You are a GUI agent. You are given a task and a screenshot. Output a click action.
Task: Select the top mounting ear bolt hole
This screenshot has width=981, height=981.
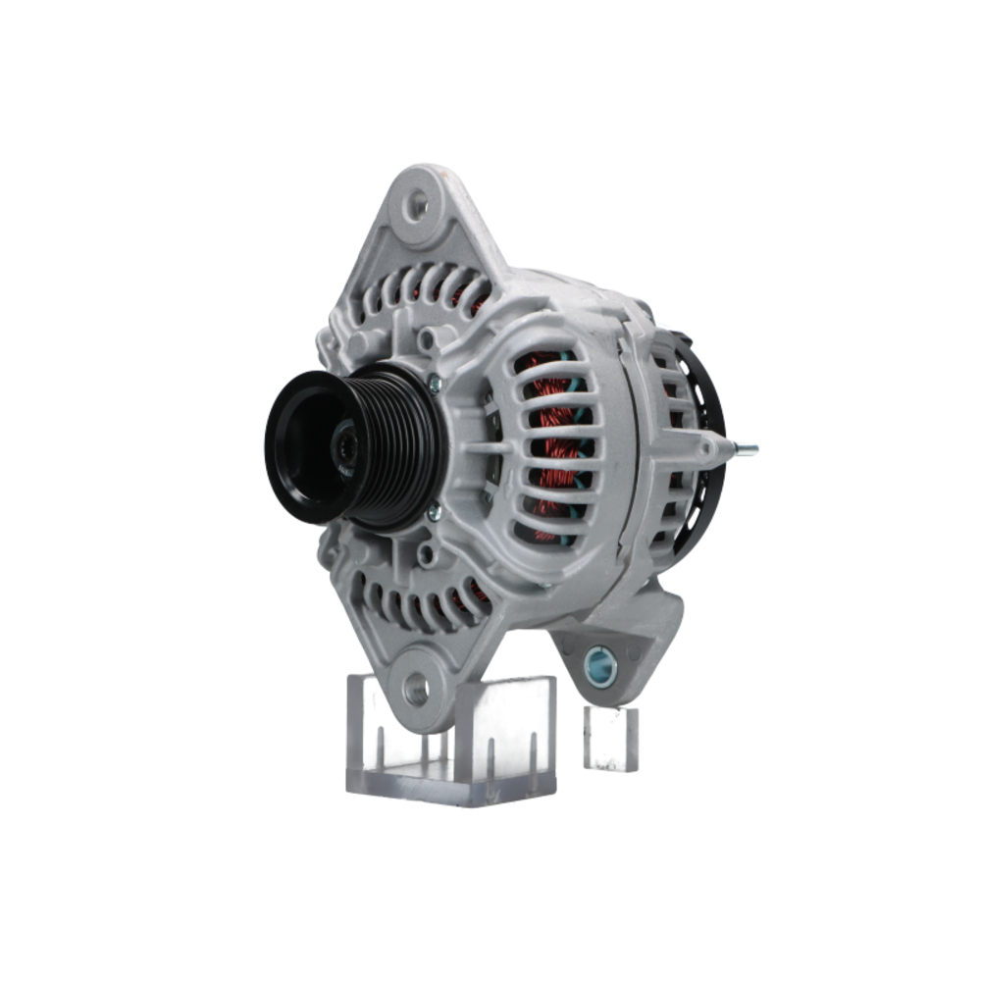point(418,205)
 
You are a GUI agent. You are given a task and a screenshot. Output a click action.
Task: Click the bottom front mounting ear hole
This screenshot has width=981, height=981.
point(417,689)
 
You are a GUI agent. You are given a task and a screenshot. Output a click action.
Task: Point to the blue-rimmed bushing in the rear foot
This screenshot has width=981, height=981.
point(599,667)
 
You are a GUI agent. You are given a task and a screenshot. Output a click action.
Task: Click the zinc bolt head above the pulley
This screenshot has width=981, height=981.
point(434,386)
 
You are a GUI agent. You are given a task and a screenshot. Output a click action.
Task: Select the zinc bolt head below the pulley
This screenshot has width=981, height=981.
point(433,512)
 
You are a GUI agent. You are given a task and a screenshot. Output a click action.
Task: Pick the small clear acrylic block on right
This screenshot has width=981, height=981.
point(610,737)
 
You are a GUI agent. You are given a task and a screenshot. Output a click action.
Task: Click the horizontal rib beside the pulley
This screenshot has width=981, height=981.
point(481,446)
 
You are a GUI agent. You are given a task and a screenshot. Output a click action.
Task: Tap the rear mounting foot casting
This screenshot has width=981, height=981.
point(628,638)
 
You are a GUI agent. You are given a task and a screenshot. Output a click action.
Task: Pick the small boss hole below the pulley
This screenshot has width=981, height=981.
point(425,554)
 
